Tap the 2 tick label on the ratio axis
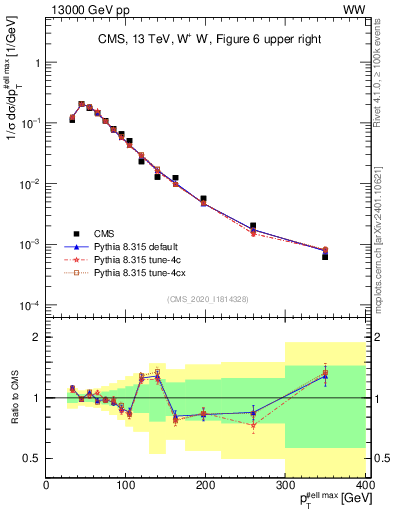(38, 337)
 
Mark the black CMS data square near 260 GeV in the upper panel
(253, 226)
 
